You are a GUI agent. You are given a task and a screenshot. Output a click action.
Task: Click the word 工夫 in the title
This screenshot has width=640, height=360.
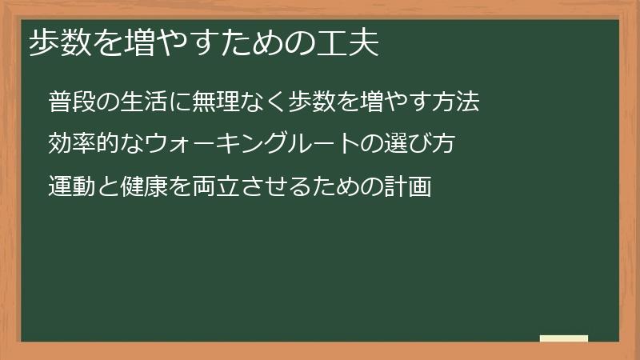pos(348,42)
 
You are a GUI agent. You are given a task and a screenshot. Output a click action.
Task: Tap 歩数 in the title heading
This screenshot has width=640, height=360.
pos(61,42)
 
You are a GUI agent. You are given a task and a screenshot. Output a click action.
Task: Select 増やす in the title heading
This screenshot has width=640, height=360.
pos(171,42)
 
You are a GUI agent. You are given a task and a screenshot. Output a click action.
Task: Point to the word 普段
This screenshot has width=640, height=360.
pos(72,102)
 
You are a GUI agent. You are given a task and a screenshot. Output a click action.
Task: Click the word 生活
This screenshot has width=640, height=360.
pos(144,102)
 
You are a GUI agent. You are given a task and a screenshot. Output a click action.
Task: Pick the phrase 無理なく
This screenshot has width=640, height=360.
pos(239,102)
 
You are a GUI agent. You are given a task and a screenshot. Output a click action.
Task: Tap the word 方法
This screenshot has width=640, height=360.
pos(456,102)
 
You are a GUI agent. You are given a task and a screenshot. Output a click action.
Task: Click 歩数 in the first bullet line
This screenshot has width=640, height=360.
pos(312,102)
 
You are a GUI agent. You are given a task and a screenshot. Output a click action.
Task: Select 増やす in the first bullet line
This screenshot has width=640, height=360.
pos(384,102)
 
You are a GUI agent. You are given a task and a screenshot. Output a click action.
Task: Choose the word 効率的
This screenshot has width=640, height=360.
pos(84,143)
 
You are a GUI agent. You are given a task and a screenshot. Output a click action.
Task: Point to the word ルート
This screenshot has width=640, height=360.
pos(324,143)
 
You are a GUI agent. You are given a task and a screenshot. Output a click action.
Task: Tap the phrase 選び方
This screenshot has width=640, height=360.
pos(419,143)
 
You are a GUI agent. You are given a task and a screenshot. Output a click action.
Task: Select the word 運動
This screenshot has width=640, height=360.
pos(72,186)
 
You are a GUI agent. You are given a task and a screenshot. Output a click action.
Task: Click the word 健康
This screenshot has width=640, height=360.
pos(144,186)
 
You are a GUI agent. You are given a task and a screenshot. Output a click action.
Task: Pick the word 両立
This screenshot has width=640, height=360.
pos(216,186)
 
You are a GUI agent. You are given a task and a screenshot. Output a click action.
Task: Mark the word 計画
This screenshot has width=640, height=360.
pos(408,186)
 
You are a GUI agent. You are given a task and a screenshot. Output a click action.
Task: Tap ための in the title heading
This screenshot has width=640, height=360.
pos(268,42)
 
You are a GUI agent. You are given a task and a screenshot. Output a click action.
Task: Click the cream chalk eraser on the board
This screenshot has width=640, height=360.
pos(564,338)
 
